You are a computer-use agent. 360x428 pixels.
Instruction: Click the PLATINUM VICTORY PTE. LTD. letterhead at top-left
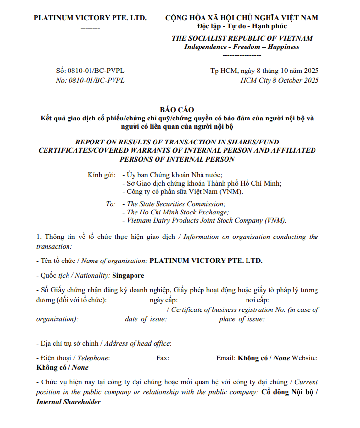[x=90, y=18]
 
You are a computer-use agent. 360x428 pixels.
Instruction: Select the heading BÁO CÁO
[x=177, y=109]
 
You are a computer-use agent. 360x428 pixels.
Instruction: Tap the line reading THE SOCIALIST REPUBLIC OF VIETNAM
[x=242, y=38]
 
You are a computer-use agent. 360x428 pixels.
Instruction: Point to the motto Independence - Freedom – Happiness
[x=242, y=47]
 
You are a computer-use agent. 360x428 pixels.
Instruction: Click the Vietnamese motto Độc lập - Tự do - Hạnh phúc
[x=242, y=26]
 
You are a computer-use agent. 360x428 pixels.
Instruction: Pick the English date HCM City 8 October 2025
[x=279, y=80]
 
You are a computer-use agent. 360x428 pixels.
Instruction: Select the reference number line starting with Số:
[x=90, y=71]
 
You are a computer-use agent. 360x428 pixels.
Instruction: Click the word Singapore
[x=128, y=275]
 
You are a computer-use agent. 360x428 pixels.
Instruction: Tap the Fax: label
[x=163, y=358]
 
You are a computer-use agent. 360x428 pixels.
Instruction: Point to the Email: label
[x=225, y=358]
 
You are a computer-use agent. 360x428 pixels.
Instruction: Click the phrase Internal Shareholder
[x=68, y=402]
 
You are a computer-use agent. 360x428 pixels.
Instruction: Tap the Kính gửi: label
[x=102, y=175]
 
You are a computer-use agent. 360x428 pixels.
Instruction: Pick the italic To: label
[x=111, y=204]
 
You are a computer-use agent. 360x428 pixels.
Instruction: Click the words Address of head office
[x=137, y=343]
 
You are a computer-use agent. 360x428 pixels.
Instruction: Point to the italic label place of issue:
[x=242, y=319]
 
